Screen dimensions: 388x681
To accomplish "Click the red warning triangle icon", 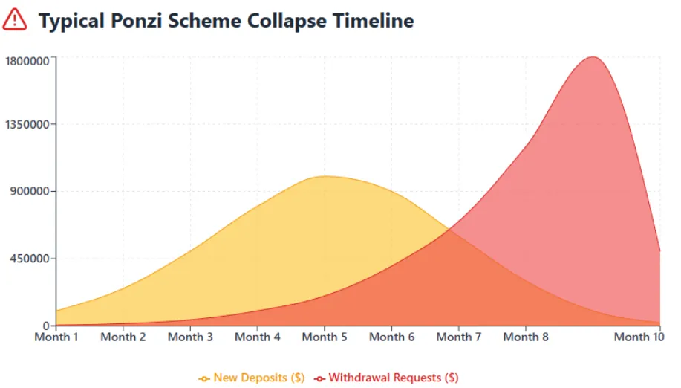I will tap(15, 19).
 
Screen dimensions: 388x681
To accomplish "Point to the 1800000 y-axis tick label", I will tap(26, 60).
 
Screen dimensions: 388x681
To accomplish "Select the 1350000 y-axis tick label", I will tap(26, 124).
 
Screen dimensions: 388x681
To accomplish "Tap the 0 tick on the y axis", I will tap(46, 326).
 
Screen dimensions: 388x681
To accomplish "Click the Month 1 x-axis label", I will tap(56, 337).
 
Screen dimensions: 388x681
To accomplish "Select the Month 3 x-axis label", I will tap(190, 337).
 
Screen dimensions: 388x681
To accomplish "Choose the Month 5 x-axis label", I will tap(325, 337).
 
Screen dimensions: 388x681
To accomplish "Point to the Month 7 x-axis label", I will tap(459, 337).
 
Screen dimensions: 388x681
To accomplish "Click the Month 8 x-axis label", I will tap(526, 337).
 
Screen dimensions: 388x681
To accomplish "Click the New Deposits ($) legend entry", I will tap(252, 378).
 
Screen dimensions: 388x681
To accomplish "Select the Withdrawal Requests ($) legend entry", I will tap(386, 378).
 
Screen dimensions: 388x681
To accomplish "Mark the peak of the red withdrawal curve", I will tap(593, 56).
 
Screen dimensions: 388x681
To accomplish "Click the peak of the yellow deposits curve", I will tap(325, 176).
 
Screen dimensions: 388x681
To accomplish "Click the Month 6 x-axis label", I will tap(391, 337).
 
